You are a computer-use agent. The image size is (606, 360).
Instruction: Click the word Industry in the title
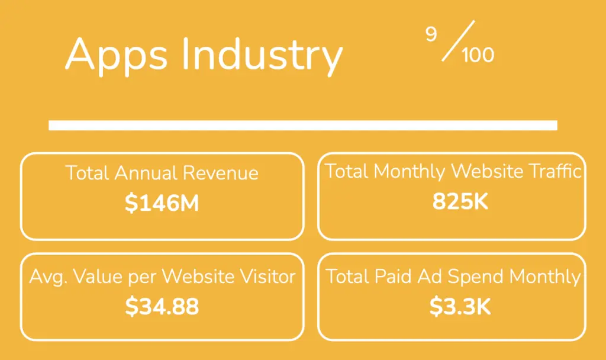(262, 56)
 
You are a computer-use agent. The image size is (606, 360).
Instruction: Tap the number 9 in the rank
(431, 35)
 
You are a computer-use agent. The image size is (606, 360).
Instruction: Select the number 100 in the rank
(478, 55)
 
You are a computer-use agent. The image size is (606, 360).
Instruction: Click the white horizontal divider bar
(302, 125)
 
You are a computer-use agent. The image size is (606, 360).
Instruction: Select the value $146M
(162, 203)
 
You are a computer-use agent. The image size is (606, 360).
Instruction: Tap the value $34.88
(162, 306)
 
